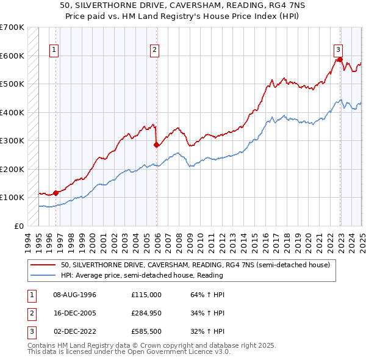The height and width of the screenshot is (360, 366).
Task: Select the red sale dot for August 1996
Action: tap(56, 193)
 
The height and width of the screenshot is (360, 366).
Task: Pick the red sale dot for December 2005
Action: tap(156, 145)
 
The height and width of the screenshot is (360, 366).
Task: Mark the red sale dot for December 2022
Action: tap(339, 60)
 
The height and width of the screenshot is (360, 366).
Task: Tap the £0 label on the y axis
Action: tap(18, 226)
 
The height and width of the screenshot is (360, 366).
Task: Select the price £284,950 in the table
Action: tap(146, 314)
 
